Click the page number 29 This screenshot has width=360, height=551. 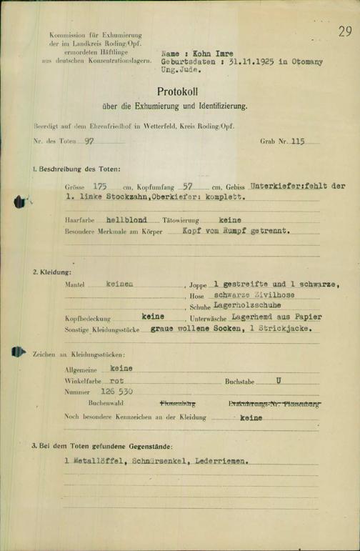pyautogui.click(x=345, y=31)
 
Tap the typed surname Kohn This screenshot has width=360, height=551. pyautogui.click(x=196, y=53)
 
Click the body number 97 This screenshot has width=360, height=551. pyautogui.click(x=89, y=142)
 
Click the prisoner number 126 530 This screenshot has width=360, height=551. pyautogui.click(x=117, y=392)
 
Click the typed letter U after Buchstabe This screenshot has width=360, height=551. pyautogui.click(x=279, y=381)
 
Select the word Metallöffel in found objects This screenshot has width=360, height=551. pyautogui.click(x=98, y=461)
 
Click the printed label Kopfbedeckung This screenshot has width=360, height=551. pyautogui.click(x=86, y=317)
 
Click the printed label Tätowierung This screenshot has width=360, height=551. pyautogui.click(x=181, y=221)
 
